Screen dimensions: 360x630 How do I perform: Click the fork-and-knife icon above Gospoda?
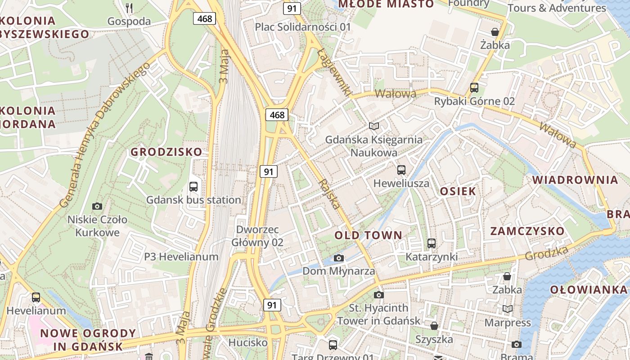[x=129, y=8]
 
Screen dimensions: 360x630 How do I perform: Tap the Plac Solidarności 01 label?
[x=302, y=27]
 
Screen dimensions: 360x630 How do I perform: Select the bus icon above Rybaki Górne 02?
[x=474, y=88]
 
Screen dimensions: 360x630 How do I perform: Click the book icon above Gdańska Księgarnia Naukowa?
[x=373, y=126]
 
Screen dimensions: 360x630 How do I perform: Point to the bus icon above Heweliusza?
[x=401, y=170]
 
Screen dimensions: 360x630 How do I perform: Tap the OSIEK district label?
[x=458, y=191]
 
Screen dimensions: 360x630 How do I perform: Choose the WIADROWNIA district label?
[x=575, y=180]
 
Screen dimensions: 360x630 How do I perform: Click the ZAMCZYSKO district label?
[x=527, y=231]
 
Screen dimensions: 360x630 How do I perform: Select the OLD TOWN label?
[x=368, y=235]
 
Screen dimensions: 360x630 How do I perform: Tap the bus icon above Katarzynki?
[x=431, y=243]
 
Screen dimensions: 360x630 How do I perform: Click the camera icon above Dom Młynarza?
[x=339, y=258]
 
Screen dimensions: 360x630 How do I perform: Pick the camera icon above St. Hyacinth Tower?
[x=379, y=295]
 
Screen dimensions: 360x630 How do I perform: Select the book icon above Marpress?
[x=507, y=309]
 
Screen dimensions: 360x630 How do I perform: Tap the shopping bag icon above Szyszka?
[x=434, y=325]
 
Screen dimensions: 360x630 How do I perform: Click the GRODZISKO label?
[x=166, y=152]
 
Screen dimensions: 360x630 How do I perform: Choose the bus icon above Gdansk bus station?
[x=193, y=186]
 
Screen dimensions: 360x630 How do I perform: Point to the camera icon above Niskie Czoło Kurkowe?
[x=97, y=207]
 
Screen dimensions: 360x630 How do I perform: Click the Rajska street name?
[x=329, y=194]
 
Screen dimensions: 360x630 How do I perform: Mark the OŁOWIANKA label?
[x=588, y=289]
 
